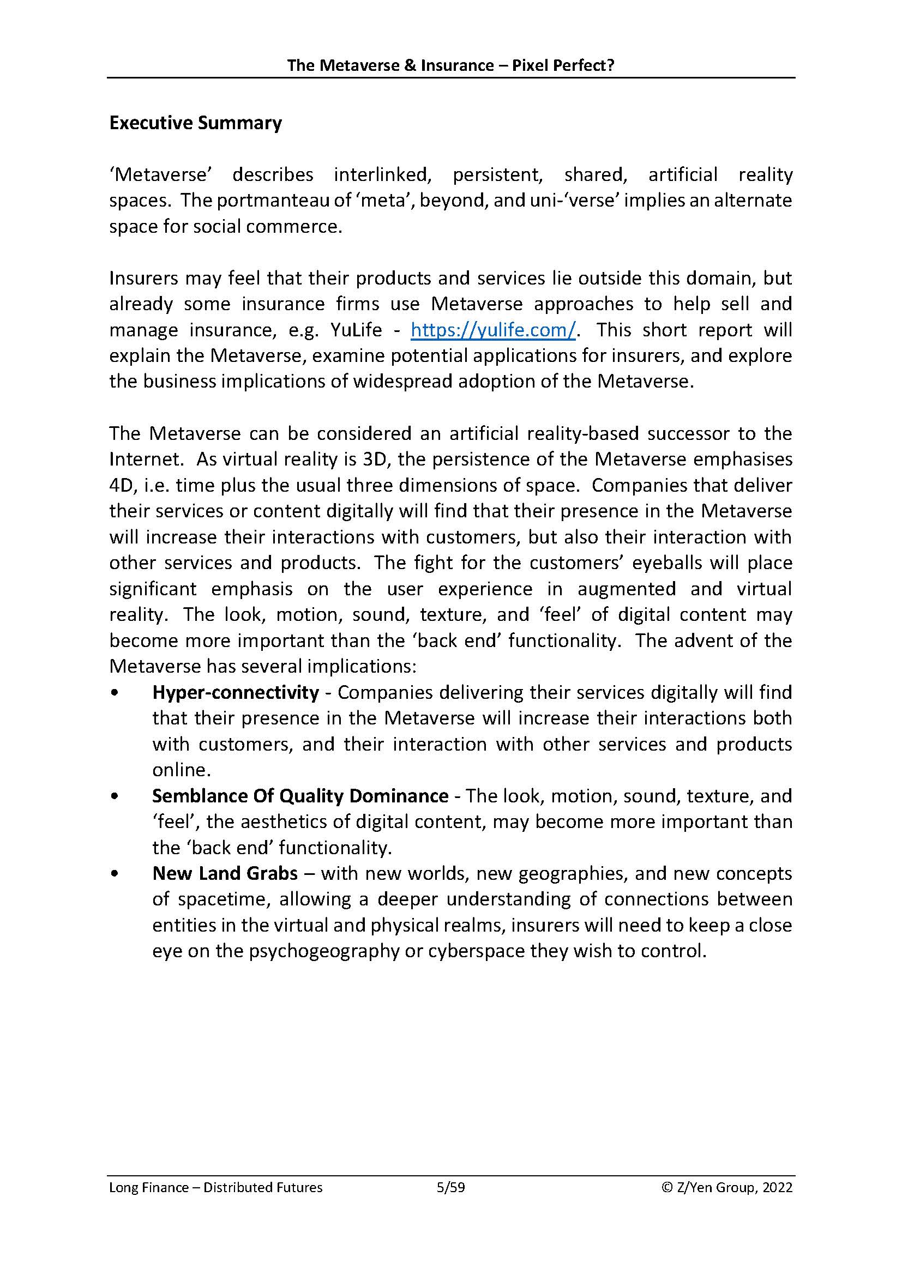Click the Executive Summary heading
(196, 123)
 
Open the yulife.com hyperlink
(493, 330)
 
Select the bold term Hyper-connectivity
(236, 692)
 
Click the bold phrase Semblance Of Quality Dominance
(300, 796)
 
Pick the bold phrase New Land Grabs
(225, 873)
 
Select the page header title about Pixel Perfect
(450, 65)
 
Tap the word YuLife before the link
(356, 330)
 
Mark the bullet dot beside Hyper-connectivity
(115, 692)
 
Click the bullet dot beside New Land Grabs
(115, 873)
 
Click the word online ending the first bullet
(179, 770)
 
